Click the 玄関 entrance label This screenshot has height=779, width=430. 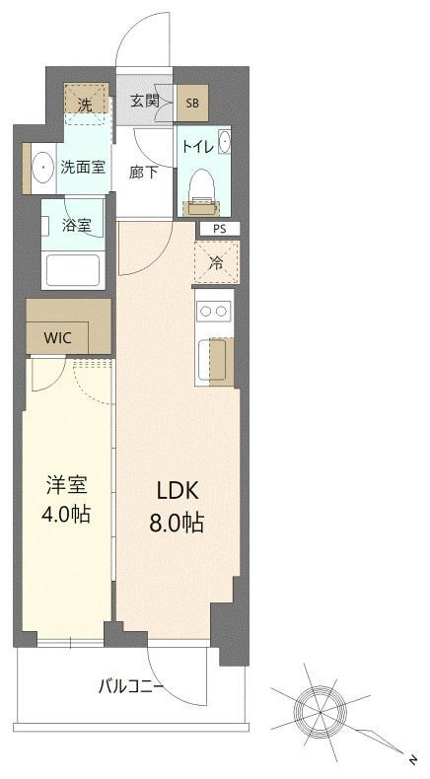click(x=146, y=103)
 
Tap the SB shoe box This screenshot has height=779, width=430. click(x=191, y=103)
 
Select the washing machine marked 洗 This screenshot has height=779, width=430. click(x=87, y=102)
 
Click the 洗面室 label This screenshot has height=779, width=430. click(x=83, y=167)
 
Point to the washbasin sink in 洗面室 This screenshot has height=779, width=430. click(x=42, y=167)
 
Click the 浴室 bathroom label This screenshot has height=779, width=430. click(x=78, y=225)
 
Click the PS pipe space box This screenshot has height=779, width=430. click(x=218, y=228)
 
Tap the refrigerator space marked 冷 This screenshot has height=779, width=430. click(x=216, y=263)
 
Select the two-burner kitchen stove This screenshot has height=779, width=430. click(x=214, y=312)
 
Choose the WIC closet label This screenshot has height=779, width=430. click(x=57, y=336)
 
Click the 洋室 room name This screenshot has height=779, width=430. click(x=67, y=484)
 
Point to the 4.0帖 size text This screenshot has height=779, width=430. click(x=67, y=514)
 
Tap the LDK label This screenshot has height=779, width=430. click(x=178, y=490)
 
